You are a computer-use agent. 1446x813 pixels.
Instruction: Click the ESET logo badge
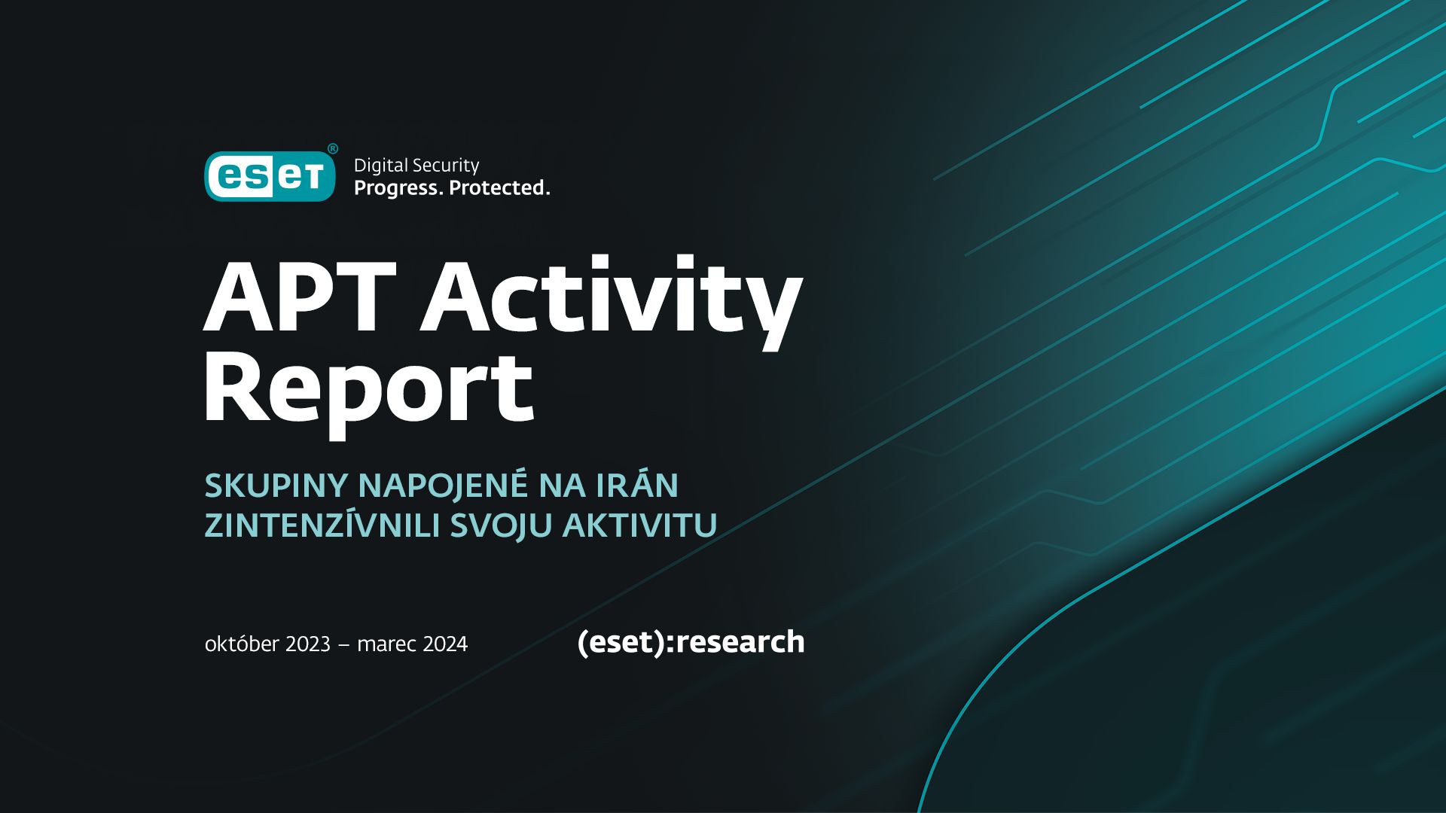pyautogui.click(x=270, y=176)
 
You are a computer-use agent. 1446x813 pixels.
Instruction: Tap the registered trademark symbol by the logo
pyautogui.click(x=332, y=148)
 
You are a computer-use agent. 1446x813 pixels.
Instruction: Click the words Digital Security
pyautogui.click(x=416, y=166)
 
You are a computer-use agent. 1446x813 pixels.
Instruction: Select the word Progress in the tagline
pyautogui.click(x=398, y=188)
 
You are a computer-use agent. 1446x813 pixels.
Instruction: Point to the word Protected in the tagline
pyautogui.click(x=499, y=188)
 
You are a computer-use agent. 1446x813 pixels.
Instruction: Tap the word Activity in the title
pyautogui.click(x=611, y=299)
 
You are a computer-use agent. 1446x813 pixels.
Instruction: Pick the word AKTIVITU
pyautogui.click(x=639, y=525)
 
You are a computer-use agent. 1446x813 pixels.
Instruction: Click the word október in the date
pyautogui.click(x=241, y=644)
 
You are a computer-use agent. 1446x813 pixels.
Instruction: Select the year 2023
pyautogui.click(x=308, y=644)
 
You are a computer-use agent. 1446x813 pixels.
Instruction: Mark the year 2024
pyautogui.click(x=445, y=644)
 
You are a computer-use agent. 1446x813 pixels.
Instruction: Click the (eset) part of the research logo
pyautogui.click(x=621, y=642)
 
